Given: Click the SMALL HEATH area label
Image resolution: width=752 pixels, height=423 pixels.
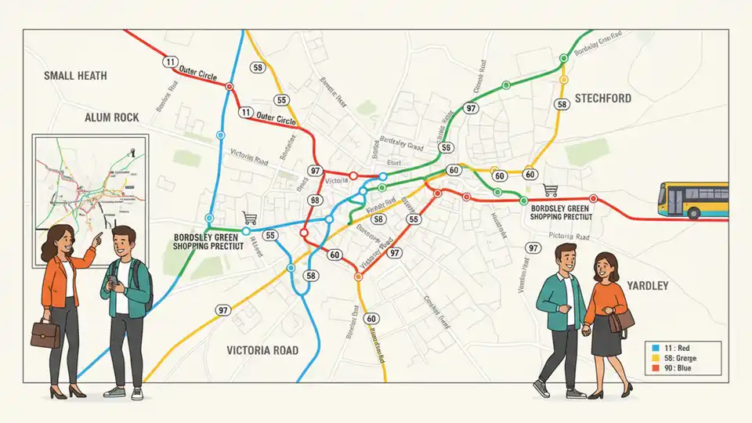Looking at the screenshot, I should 75,76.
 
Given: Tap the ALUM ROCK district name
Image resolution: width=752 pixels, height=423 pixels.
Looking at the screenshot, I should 112,117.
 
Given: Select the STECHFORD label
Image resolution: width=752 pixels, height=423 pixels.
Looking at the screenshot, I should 613,99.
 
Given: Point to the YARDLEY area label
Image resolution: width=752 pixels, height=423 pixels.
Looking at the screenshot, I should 647,286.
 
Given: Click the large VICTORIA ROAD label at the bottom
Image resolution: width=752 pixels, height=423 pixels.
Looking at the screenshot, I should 262,350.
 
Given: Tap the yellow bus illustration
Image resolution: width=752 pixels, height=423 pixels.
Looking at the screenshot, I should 692,200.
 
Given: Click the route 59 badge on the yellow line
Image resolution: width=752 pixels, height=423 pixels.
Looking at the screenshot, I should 258,68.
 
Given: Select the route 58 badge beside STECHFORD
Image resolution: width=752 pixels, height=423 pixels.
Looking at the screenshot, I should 561,104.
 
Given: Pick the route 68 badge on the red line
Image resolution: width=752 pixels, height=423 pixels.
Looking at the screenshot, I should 315,201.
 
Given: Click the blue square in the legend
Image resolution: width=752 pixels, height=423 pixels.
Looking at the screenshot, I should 657,346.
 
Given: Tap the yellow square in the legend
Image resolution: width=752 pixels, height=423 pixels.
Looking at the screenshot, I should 657,357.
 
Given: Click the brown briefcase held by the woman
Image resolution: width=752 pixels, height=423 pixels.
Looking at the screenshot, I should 45,334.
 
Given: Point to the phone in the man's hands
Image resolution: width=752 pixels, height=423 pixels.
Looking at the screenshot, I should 114,280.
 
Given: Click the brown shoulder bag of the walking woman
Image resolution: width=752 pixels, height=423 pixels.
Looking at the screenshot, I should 621,320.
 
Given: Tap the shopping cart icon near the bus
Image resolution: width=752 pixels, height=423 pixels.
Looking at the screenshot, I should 551,190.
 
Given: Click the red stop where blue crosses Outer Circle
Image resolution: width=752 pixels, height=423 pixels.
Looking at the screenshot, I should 229,87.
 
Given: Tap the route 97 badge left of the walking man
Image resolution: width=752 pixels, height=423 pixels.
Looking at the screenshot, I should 533,248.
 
